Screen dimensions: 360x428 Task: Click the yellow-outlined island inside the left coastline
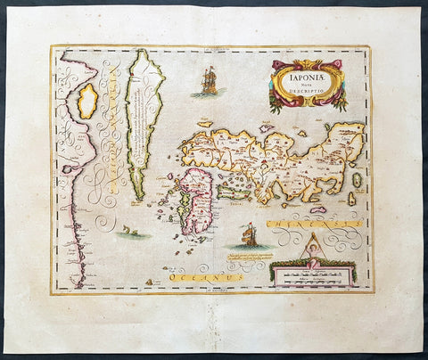click(88, 101)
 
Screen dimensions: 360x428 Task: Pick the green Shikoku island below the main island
click(238, 189)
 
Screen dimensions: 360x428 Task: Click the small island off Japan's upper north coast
click(264, 127)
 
